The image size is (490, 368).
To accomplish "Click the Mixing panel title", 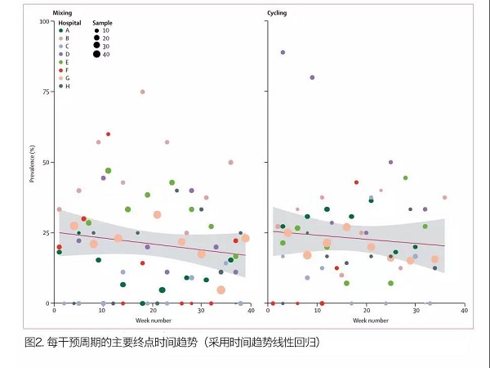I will coord(62,14).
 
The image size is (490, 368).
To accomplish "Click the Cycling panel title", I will coord(278,14).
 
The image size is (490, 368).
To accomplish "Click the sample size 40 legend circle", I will coord(96,54).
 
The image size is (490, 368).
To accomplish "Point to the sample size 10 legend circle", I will coord(96,30).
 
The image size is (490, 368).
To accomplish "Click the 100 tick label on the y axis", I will coord(43,20).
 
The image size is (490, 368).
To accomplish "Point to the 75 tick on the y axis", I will coord(45,92).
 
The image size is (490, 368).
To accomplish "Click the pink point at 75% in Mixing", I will coord(142,92).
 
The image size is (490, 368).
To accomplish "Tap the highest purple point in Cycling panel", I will coord(283,52).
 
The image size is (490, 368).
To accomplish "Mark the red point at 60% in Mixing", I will coord(108,134).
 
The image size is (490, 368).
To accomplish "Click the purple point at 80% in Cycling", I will coord(312,78).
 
